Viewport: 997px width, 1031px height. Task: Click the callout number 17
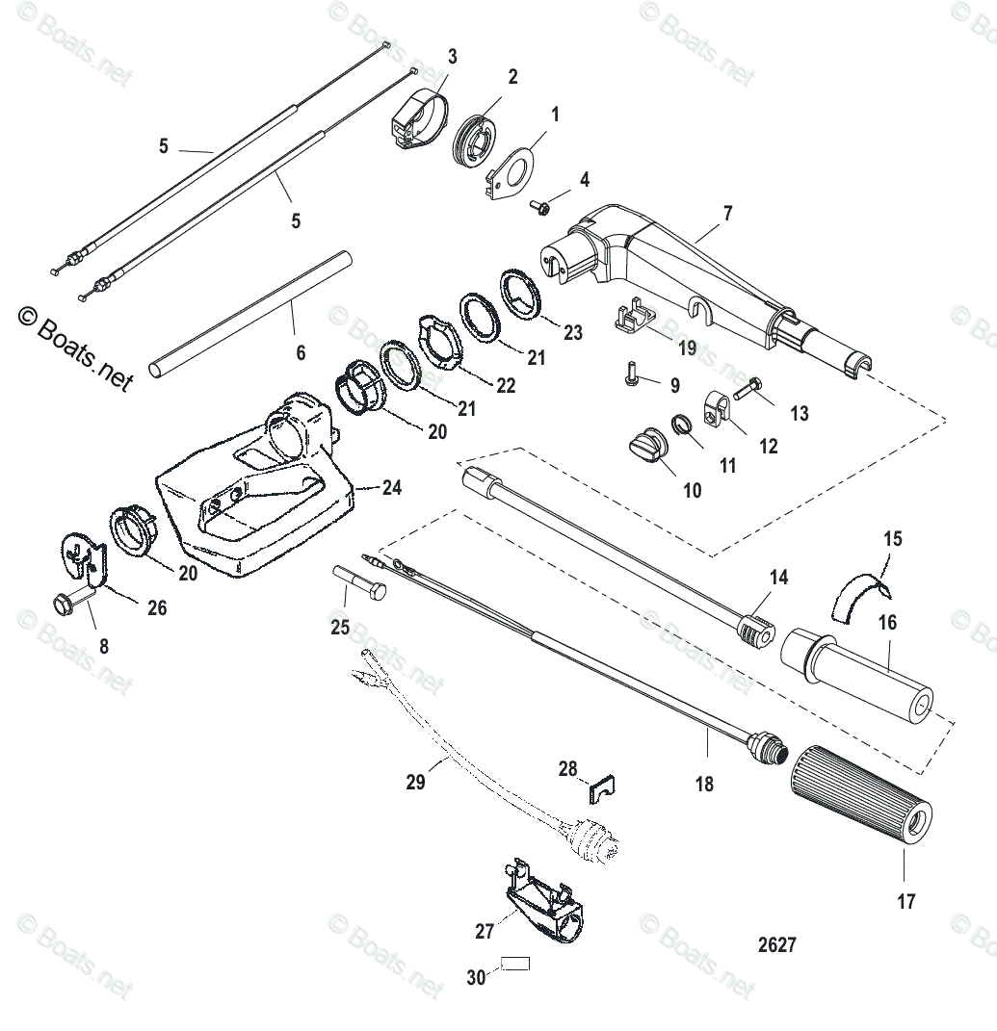(x=905, y=902)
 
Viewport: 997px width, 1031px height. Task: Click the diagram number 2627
(x=776, y=945)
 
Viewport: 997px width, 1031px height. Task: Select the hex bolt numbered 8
(x=69, y=605)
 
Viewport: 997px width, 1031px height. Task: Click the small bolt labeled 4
(x=540, y=205)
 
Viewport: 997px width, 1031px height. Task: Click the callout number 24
(x=391, y=488)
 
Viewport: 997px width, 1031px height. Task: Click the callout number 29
(x=415, y=781)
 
